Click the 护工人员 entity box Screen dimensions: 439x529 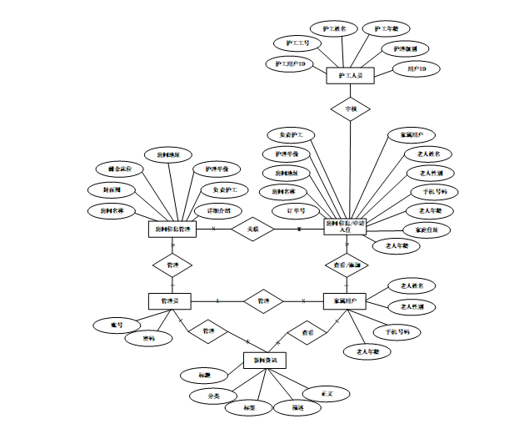(x=351, y=75)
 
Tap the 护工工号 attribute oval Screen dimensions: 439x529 (x=297, y=43)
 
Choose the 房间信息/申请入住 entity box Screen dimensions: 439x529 (x=344, y=228)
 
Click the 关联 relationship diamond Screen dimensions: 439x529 (x=252, y=229)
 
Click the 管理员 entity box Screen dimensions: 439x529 (x=171, y=300)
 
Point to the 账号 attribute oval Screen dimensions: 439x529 (x=117, y=323)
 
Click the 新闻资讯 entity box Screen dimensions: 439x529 (x=266, y=360)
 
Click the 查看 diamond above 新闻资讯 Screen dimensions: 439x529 (x=307, y=331)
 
